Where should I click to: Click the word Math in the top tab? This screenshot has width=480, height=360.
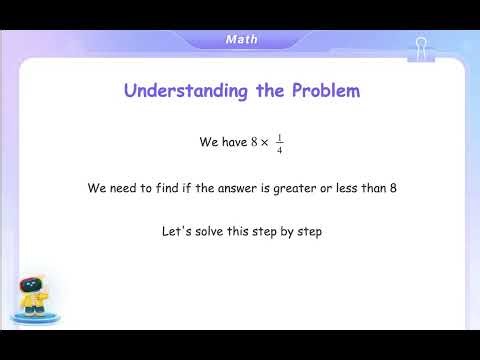tap(241, 39)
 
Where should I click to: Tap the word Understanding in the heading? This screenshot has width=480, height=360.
tap(173, 91)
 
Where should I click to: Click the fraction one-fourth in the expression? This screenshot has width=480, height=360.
tap(279, 143)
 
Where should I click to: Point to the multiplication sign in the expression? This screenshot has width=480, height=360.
tap(264, 143)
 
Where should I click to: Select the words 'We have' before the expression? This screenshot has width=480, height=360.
tap(222, 143)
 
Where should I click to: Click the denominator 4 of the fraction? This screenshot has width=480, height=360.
tap(279, 150)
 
